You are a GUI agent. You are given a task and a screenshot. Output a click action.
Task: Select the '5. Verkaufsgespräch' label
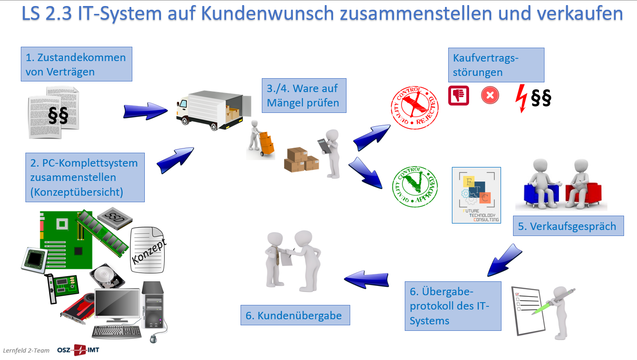(568, 226)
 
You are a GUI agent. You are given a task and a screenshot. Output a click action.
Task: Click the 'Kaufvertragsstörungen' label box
(496, 65)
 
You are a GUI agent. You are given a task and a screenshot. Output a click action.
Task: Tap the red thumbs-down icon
(458, 96)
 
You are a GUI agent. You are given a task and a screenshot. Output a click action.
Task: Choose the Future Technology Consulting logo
(476, 195)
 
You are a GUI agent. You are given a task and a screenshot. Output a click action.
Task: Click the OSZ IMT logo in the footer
(78, 350)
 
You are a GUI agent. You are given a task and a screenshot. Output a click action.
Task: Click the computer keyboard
(117, 331)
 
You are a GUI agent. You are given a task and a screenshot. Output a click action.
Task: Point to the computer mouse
(154, 339)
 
